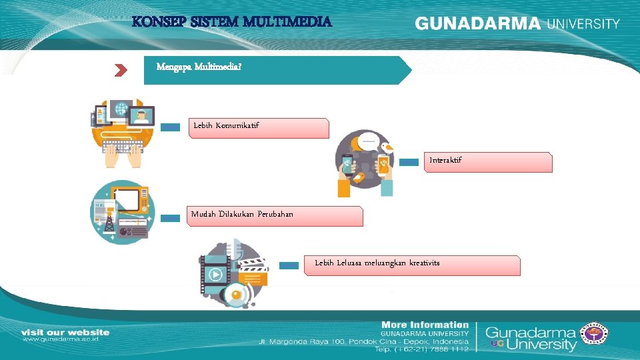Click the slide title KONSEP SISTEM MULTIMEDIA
pyautogui.click(x=231, y=22)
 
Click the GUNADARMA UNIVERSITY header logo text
pyautogui.click(x=517, y=23)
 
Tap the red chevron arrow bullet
pyautogui.click(x=120, y=70)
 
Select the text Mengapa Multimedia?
pyautogui.click(x=199, y=67)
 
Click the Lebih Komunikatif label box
pyautogui.click(x=261, y=128)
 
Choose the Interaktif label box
pyautogui.click(x=488, y=162)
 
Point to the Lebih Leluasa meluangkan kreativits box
pyautogui.click(x=412, y=265)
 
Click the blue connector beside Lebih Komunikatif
pyautogui.click(x=170, y=127)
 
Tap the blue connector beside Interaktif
pyautogui.click(x=408, y=162)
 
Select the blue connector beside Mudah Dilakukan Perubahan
pyautogui.click(x=170, y=217)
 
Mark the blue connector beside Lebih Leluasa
pyautogui.click(x=288, y=265)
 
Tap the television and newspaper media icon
pyautogui.click(x=122, y=212)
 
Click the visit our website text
pyautogui.click(x=65, y=331)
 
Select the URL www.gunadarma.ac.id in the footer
pyautogui.click(x=61, y=339)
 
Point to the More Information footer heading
pyautogui.click(x=425, y=325)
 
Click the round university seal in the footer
pyautogui.click(x=595, y=334)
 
